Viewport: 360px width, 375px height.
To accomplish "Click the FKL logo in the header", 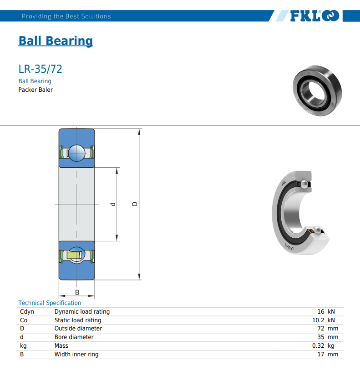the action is click(x=314, y=16).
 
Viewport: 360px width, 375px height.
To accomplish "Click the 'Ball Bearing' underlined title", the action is click(x=56, y=40).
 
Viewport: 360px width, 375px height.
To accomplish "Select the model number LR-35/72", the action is click(x=40, y=69).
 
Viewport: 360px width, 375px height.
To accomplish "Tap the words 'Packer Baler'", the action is click(x=35, y=90).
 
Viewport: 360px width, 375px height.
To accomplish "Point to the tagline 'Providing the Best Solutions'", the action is click(x=66, y=16).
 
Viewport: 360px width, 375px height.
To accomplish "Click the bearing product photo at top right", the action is click(x=317, y=90).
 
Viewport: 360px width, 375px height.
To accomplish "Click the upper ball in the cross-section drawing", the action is click(x=76, y=153).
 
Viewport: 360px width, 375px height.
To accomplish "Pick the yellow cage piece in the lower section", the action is click(x=75, y=255).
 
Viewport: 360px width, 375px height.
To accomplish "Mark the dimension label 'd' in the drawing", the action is click(x=113, y=204).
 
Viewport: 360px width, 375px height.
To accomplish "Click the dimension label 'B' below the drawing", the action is click(x=77, y=292).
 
